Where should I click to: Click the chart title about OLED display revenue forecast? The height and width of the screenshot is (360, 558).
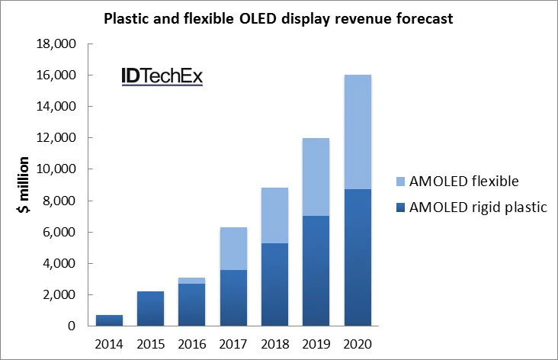click(278, 18)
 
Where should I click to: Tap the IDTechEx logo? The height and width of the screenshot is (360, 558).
click(162, 76)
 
